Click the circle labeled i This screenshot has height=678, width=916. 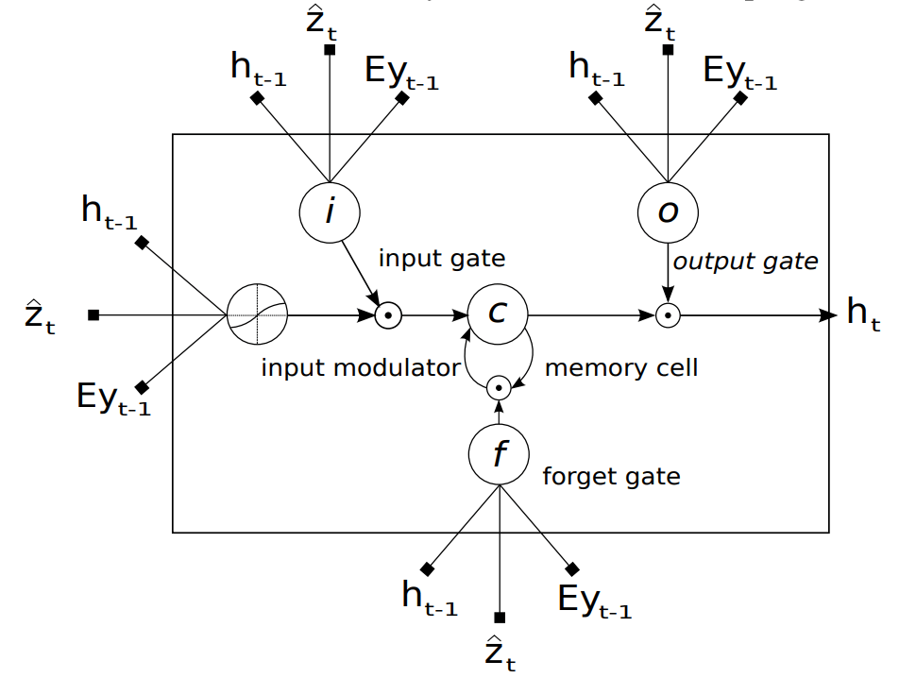pos(329,212)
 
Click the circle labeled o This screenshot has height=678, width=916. pos(668,212)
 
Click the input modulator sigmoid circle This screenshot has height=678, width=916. pos(257,314)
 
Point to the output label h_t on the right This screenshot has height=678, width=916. pos(863,314)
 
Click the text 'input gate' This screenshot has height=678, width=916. pos(442,258)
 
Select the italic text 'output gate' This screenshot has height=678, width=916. pos(745,261)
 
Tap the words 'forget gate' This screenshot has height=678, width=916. pos(611,476)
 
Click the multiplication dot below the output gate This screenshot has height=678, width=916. pos(668,315)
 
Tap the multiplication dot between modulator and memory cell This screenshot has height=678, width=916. pos(385,315)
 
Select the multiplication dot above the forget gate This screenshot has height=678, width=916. pos(498,387)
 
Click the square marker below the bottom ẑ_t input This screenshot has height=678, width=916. pos(500,618)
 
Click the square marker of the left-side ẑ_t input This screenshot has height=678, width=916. pos(93,314)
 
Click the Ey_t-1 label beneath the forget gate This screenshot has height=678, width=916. pos(594,602)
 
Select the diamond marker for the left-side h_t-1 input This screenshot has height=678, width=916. pos(142,243)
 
